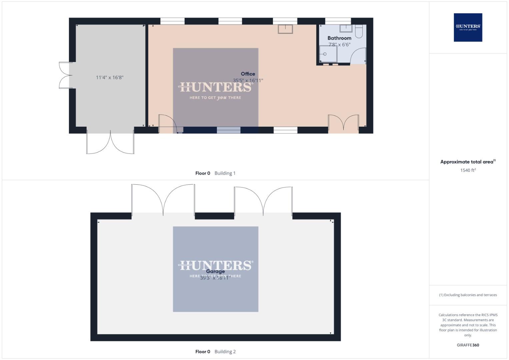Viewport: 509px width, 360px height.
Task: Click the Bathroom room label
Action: pyautogui.click(x=339, y=38)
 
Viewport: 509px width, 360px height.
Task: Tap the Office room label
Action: pyautogui.click(x=248, y=74)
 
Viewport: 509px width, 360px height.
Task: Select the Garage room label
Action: pyautogui.click(x=215, y=271)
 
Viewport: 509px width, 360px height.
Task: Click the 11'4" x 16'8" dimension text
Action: pyautogui.click(x=110, y=77)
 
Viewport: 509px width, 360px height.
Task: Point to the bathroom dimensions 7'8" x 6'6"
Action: pyautogui.click(x=339, y=44)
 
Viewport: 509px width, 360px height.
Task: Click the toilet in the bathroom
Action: pyautogui.click(x=359, y=31)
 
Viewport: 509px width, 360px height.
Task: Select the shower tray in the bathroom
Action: pyautogui.click(x=328, y=54)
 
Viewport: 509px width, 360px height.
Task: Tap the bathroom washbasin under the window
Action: pyautogui.click(x=346, y=28)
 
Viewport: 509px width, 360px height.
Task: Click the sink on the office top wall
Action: pyautogui.click(x=285, y=29)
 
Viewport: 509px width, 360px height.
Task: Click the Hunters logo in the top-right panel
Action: pyautogui.click(x=468, y=27)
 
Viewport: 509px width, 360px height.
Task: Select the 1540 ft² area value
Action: pyautogui.click(x=468, y=170)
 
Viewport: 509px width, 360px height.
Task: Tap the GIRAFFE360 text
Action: pyautogui.click(x=468, y=345)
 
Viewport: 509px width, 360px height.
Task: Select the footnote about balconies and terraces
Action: pyautogui.click(x=468, y=295)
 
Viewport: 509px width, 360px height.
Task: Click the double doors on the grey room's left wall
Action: pyautogui.click(x=65, y=75)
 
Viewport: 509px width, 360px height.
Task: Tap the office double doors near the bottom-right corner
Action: pyautogui.click(x=343, y=123)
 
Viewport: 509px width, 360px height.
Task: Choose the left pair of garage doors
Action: pyautogui.click(x=163, y=200)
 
